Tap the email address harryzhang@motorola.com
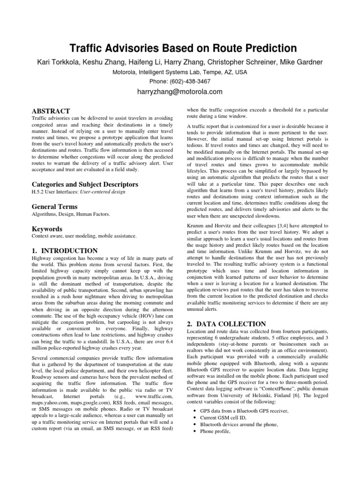[180, 91]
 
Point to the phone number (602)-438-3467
[190, 81]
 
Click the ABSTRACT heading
[50, 111]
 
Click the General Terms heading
[54, 207]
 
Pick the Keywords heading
[46, 229]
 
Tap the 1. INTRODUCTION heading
[64, 251]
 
